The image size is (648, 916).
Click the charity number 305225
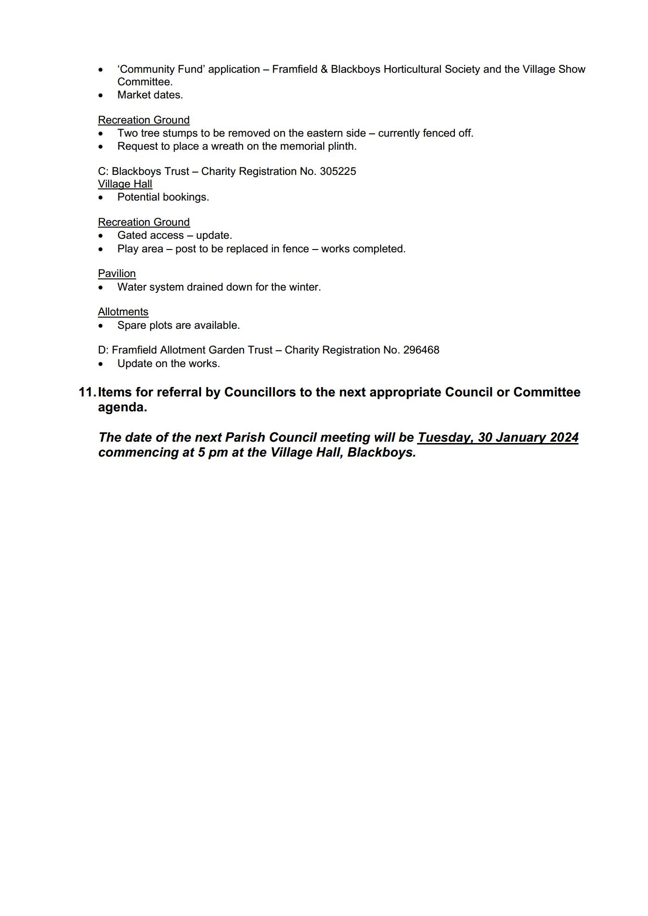[338, 171]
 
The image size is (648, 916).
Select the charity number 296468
[421, 350]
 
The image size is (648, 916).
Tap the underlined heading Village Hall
[125, 184]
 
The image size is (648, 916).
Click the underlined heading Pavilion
[117, 273]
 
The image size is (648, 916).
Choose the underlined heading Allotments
[123, 312]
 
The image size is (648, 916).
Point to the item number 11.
[87, 392]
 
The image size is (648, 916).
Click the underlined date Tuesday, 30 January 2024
[498, 437]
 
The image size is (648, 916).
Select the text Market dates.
[150, 95]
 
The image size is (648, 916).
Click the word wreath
[226, 146]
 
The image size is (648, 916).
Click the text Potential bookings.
[163, 197]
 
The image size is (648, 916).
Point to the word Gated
[132, 235]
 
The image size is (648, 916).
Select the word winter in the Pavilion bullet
[305, 287]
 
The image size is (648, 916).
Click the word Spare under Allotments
[131, 325]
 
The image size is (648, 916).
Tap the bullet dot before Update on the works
[101, 364]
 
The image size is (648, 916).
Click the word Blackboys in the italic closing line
[381, 452]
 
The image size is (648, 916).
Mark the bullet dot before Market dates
[101, 95]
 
